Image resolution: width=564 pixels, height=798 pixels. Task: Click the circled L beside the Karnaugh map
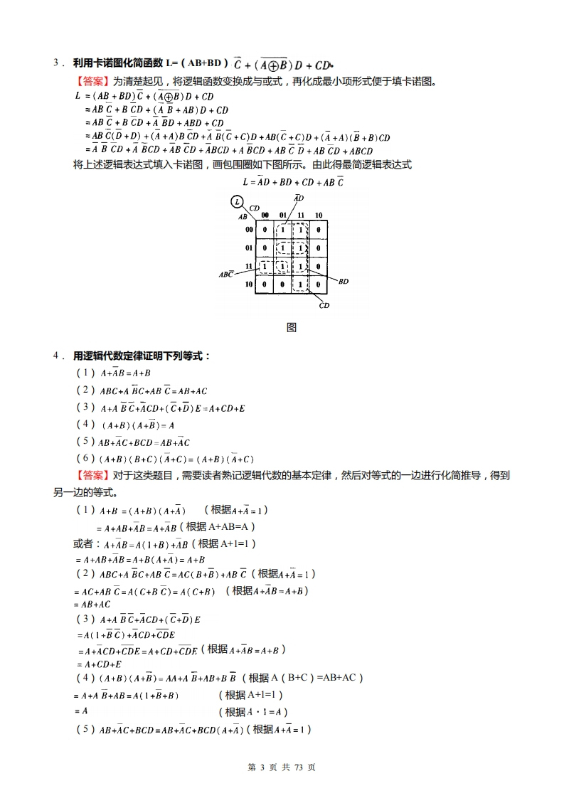235,203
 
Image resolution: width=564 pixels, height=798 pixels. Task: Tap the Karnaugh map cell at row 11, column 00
265,267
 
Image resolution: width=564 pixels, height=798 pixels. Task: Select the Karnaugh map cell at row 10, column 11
300,284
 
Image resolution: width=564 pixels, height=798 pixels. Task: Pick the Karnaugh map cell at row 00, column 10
318,230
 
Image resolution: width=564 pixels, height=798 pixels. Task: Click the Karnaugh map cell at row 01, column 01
282,248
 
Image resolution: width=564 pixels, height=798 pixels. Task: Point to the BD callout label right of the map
344,282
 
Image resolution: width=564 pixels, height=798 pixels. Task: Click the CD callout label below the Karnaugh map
324,306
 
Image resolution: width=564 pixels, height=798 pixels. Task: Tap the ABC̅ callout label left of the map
226,274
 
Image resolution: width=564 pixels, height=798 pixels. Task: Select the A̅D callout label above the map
299,198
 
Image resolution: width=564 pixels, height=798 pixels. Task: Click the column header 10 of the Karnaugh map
318,215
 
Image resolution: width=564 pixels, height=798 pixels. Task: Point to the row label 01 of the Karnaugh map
249,248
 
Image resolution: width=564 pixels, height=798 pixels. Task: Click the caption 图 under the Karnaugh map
291,328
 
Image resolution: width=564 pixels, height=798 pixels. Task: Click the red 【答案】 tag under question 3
93,81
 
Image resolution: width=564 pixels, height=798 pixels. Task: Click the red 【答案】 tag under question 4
93,475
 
